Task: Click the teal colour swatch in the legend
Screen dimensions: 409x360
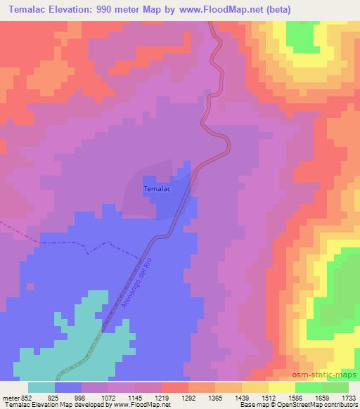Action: coord(41,387)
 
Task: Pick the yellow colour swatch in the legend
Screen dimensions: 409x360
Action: coord(282,387)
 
